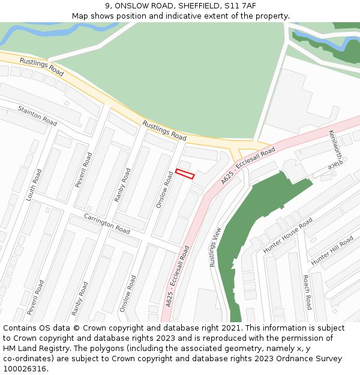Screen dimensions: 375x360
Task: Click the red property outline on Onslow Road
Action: click(x=185, y=174)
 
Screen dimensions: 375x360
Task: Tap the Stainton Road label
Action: click(x=37, y=116)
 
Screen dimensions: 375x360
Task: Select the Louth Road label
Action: click(x=34, y=184)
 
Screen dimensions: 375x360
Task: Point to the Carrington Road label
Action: click(x=107, y=223)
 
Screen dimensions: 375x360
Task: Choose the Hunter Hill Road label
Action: click(x=332, y=250)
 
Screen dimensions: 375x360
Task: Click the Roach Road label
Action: click(x=306, y=292)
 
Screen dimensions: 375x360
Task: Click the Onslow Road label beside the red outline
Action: click(x=164, y=190)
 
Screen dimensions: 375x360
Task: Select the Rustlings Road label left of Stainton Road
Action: click(x=41, y=67)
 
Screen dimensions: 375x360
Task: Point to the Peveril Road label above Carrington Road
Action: click(x=84, y=170)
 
